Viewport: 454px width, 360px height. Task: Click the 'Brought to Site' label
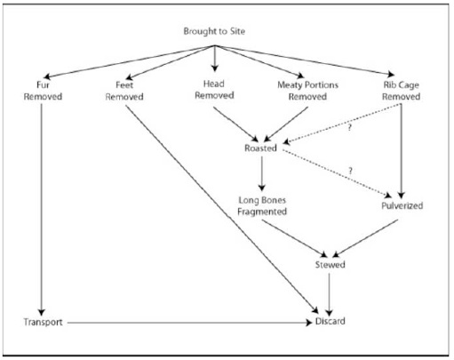(x=214, y=31)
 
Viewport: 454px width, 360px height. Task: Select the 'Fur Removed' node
(x=43, y=91)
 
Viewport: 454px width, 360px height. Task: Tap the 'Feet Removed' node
(x=124, y=91)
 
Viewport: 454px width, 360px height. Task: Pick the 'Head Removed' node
(x=214, y=90)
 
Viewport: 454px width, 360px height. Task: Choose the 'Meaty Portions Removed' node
(x=307, y=91)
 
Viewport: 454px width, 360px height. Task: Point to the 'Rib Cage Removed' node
(x=401, y=91)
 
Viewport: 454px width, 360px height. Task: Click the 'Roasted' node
(x=260, y=148)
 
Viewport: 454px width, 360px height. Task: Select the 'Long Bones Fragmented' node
(x=262, y=206)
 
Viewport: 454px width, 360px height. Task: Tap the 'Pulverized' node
(x=402, y=205)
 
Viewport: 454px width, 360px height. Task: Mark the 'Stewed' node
(x=330, y=264)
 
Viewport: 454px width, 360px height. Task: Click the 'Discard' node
(x=330, y=321)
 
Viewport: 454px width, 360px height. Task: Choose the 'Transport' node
(x=43, y=322)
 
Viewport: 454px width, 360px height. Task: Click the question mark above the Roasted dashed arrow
(x=349, y=128)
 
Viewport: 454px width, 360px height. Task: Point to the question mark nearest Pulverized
(x=350, y=171)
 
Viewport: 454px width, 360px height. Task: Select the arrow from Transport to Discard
(x=190, y=323)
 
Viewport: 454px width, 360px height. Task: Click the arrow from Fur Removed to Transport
(x=42, y=210)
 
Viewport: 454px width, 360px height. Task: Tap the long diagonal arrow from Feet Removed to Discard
(x=222, y=210)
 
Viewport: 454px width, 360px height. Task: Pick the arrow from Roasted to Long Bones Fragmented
(x=262, y=173)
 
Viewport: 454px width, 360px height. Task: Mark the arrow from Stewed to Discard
(x=329, y=294)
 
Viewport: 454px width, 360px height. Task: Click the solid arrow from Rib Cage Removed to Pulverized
(x=402, y=151)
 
